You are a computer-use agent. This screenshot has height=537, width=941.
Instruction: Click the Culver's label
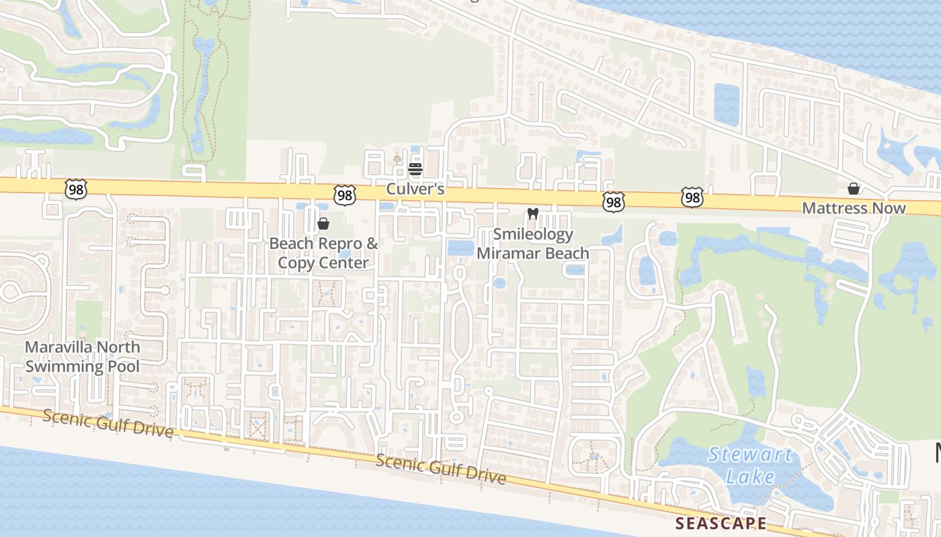(415, 189)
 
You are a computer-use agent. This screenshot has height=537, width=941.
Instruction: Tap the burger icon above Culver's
(415, 168)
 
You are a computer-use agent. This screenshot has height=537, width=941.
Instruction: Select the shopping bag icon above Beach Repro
(323, 224)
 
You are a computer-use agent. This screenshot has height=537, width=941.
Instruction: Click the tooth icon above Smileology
(533, 214)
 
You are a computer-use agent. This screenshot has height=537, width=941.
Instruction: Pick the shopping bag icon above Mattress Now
(854, 189)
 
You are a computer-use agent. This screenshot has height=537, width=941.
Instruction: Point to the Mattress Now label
(854, 208)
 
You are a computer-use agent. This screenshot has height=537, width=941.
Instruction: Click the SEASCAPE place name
(721, 523)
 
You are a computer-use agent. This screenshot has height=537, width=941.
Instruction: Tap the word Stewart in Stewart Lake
(750, 455)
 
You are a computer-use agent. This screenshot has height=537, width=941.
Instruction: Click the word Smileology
(533, 234)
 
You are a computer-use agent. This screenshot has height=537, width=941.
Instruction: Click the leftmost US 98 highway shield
(76, 190)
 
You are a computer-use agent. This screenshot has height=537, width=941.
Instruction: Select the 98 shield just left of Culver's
(344, 195)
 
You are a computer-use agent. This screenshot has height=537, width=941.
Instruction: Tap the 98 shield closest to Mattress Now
(692, 198)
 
